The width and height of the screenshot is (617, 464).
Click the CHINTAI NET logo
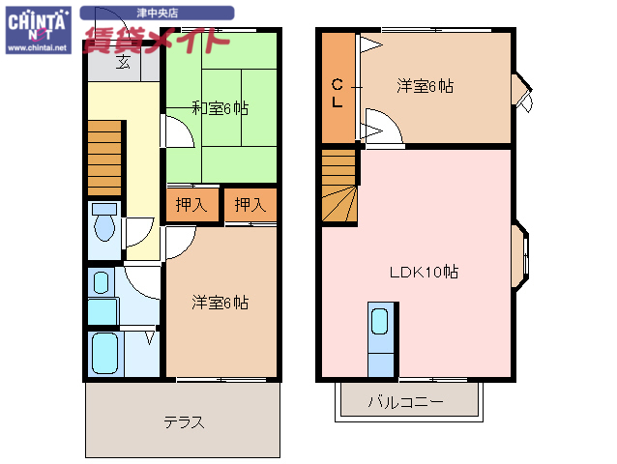pyautogui.click(x=37, y=29)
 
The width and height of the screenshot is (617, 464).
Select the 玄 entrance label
pyautogui.click(x=124, y=64)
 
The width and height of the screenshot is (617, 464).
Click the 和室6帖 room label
pyautogui.click(x=219, y=108)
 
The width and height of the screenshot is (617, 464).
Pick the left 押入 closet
pyautogui.click(x=191, y=204)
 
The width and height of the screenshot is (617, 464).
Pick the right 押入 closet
pyautogui.click(x=250, y=204)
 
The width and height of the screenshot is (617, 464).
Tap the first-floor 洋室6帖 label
pyautogui.click(x=219, y=303)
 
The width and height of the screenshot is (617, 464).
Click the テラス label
pyautogui.click(x=183, y=422)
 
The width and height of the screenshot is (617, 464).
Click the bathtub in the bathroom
pyautogui.click(x=103, y=353)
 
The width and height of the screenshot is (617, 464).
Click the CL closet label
pyautogui.click(x=338, y=92)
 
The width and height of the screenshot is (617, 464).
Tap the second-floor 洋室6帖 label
pyautogui.click(x=425, y=86)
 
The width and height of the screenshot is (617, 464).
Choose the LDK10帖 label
pyautogui.click(x=424, y=273)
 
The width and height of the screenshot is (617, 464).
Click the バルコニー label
pyautogui.click(x=406, y=401)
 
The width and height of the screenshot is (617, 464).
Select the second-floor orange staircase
pyautogui.click(x=339, y=189)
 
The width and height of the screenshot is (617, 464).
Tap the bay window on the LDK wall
pyautogui.click(x=520, y=257)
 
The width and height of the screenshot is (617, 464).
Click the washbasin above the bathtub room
pyautogui.click(x=101, y=283)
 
